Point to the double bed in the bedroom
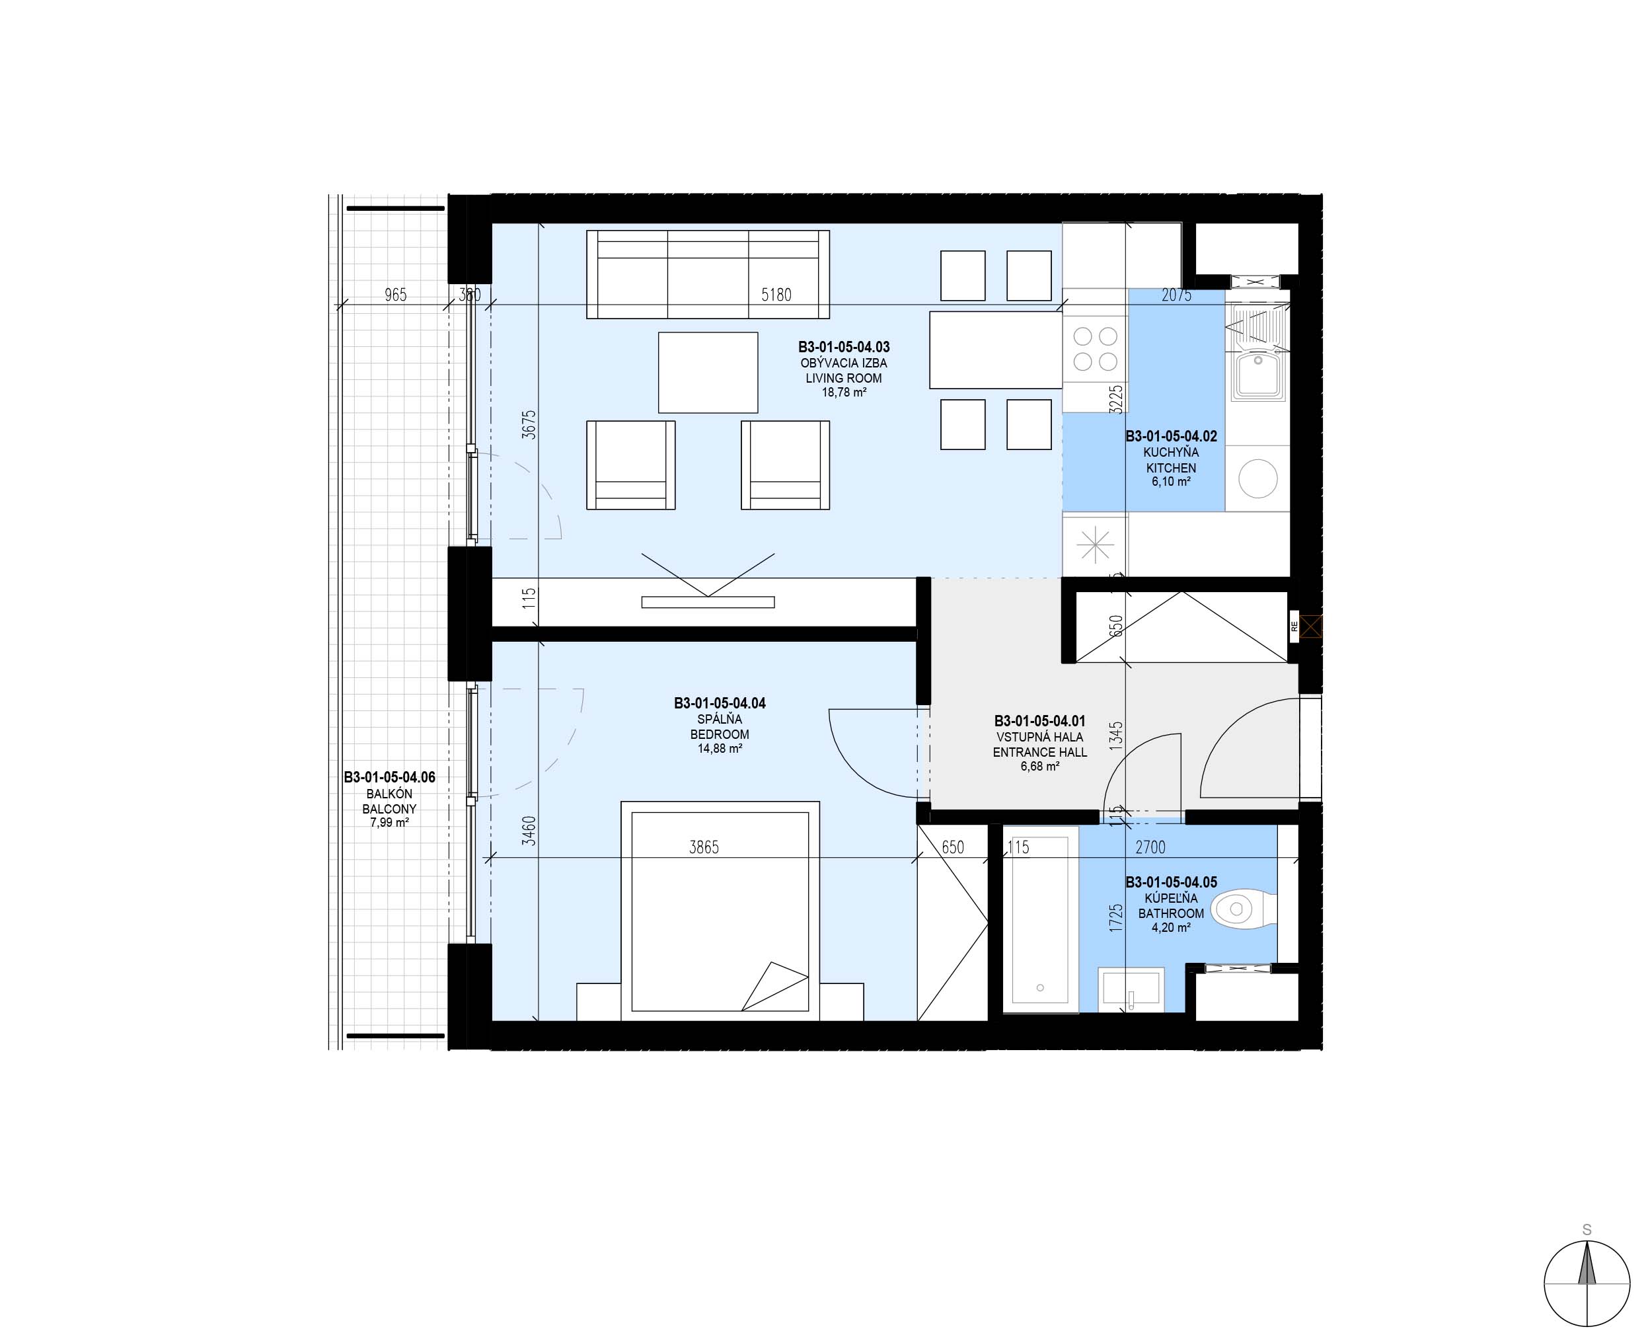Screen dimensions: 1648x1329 point(720,911)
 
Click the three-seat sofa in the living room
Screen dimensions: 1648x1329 point(708,274)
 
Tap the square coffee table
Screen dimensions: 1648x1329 point(708,372)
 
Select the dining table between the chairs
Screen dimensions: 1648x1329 point(996,350)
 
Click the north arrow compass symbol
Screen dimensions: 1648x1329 point(1587,1282)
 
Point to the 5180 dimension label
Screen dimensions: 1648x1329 point(776,295)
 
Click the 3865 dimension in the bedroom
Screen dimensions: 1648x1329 point(704,847)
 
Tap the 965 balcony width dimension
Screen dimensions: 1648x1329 point(396,295)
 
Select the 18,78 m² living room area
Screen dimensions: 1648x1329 point(844,393)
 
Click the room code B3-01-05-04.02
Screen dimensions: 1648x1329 point(1171,436)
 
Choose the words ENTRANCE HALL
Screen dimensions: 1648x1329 point(1039,752)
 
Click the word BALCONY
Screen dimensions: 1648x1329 point(390,808)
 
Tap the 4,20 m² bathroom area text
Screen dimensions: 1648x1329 point(1171,928)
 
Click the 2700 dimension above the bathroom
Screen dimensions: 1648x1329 point(1150,847)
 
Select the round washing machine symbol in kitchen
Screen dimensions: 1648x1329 point(1257,478)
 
